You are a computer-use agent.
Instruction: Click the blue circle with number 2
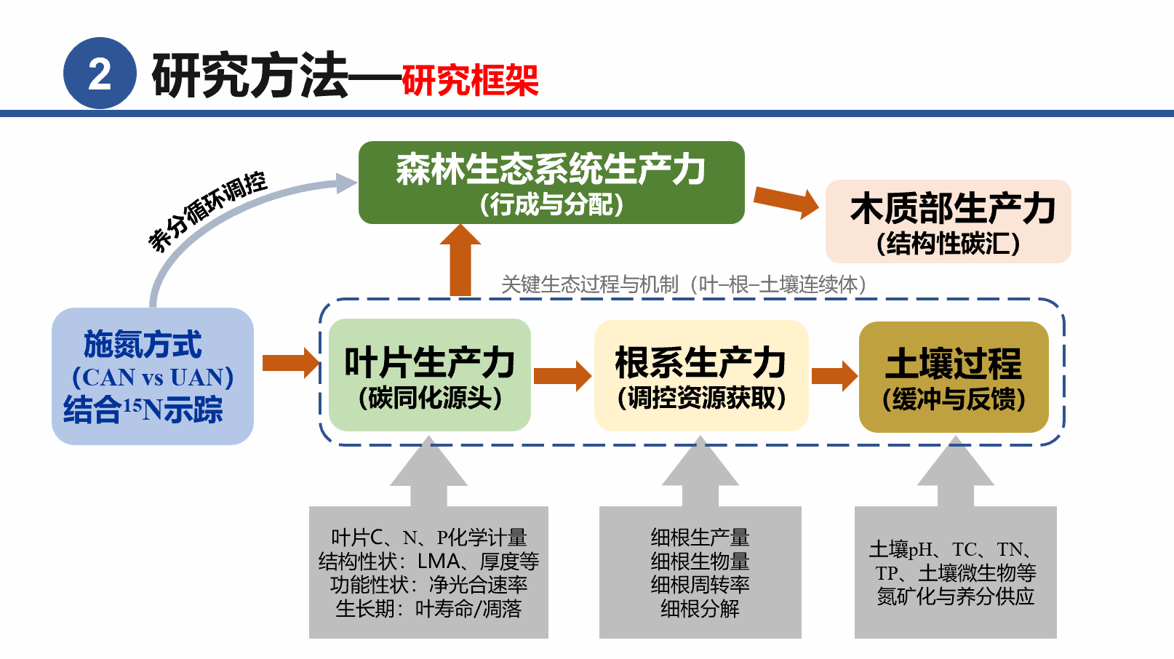point(100,73)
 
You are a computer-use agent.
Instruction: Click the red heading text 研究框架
point(470,79)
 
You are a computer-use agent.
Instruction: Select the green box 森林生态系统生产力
point(551,182)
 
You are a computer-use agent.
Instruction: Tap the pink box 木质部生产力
point(948,221)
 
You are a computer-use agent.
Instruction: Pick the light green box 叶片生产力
point(429,375)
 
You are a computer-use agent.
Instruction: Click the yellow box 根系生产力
point(700,375)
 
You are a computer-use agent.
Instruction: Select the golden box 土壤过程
point(953,377)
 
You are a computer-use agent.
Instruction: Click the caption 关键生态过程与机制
point(589,284)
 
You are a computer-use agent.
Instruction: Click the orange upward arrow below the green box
point(460,260)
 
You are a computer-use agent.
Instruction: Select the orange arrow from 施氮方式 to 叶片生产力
point(290,362)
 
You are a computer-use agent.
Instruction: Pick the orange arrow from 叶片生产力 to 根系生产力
point(562,375)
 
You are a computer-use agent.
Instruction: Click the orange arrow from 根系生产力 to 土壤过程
point(834,375)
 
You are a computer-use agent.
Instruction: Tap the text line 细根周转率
point(700,585)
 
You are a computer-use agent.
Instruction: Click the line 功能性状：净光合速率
point(428,585)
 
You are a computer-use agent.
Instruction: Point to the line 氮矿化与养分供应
point(955,596)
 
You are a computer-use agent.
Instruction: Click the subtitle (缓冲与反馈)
point(953,399)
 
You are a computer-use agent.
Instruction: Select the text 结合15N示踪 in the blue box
point(143,410)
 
